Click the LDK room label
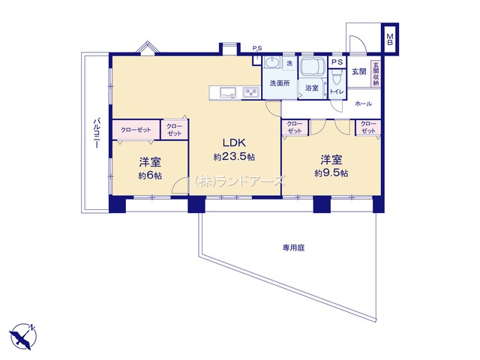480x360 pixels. point(234,142)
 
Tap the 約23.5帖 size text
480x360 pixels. point(234,157)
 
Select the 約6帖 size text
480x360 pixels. point(150,176)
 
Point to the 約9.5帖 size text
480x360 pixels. point(331,173)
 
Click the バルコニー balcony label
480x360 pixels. point(97,133)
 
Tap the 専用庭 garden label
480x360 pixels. point(293,247)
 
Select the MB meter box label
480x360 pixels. point(390,39)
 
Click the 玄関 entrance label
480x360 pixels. point(358,72)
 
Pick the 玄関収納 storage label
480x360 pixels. point(376,74)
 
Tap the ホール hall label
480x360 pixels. point(363,103)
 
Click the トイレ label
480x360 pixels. point(337,91)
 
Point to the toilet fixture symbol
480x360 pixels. point(337,76)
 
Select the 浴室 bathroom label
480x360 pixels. point(312,88)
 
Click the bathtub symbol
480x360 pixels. point(313,67)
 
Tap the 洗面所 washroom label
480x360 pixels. point(280,83)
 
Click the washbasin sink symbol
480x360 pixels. point(271,63)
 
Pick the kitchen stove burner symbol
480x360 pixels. point(251,92)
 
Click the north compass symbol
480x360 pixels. point(23,336)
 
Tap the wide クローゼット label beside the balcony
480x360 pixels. point(136,130)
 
